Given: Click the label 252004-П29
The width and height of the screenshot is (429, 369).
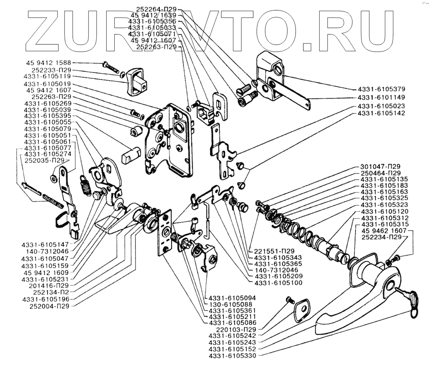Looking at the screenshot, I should [50, 306].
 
